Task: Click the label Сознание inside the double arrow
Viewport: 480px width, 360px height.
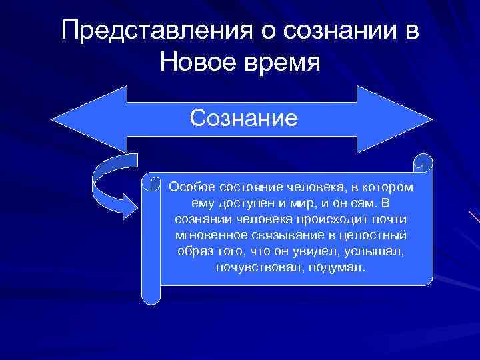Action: coord(243,118)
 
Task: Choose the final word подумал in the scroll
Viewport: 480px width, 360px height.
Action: coord(339,267)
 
